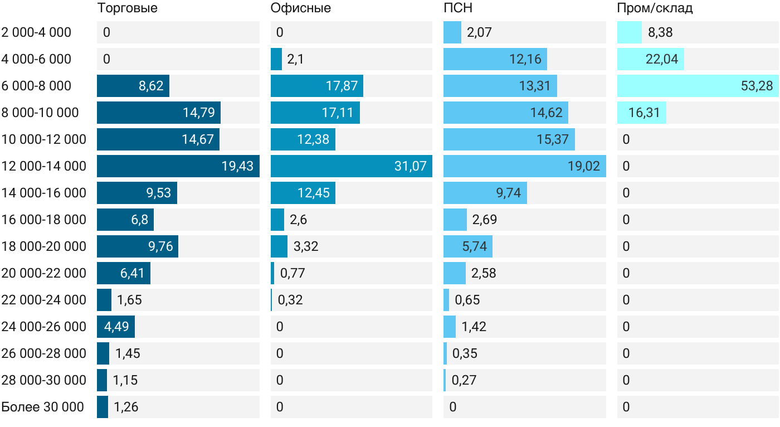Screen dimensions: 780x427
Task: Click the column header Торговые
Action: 127,8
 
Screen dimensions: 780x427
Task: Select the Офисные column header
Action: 300,8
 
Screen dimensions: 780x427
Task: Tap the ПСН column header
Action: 458,8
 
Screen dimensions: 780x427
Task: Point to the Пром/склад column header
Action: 655,8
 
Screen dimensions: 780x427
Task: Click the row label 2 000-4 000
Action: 36,32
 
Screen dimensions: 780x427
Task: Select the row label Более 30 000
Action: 42,407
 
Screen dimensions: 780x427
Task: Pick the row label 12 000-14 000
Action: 44,166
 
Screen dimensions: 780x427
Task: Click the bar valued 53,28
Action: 698,86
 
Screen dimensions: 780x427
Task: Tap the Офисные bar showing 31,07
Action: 352,166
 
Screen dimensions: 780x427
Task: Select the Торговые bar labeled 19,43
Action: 178,166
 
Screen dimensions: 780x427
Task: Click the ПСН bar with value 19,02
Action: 525,166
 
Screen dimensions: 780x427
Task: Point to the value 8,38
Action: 660,32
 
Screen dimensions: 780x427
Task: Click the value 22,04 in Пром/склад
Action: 662,59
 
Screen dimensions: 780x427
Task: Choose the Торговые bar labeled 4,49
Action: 116,327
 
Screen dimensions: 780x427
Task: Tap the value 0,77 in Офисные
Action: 292,273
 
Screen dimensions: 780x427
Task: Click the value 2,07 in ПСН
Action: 479,32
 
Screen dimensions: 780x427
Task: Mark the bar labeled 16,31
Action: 642,113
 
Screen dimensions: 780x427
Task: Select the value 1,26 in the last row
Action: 126,407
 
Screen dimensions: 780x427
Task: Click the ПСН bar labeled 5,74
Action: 468,246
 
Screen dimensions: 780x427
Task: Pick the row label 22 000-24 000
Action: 44,300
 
